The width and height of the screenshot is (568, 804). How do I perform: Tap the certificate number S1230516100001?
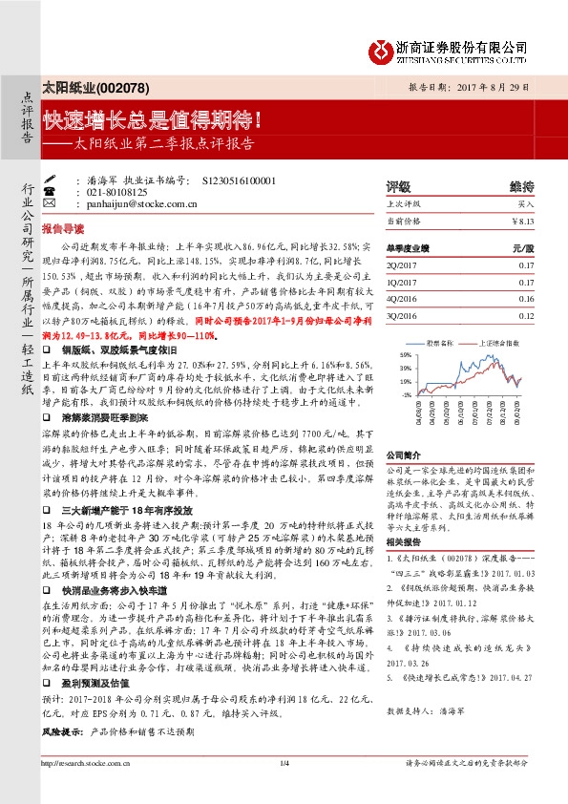coord(240,180)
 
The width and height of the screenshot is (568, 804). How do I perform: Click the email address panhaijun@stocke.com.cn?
coord(141,202)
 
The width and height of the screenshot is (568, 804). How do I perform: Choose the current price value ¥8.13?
coord(524,222)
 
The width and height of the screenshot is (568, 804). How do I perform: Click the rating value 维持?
coord(521,187)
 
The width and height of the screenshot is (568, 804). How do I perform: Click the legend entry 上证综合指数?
coord(501,341)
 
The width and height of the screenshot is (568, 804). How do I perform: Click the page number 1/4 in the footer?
coord(284,763)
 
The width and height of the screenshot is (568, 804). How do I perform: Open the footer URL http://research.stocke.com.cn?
coord(90,763)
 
